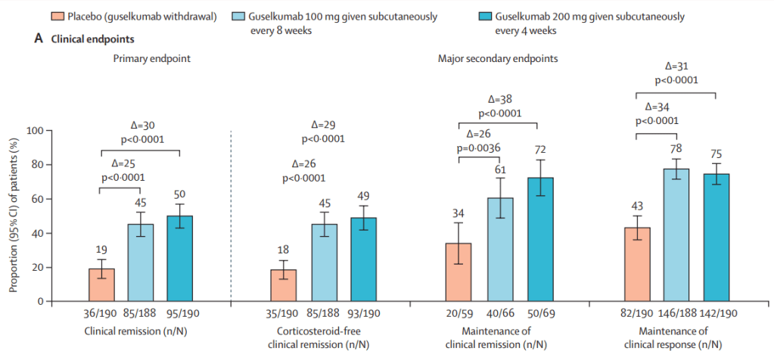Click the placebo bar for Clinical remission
coord(102,285)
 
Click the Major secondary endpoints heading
coord(498,58)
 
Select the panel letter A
coord(39,39)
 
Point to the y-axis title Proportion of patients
coord(13,216)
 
